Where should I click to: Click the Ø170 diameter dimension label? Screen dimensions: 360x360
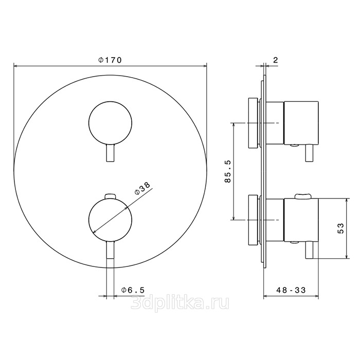tap(110, 60)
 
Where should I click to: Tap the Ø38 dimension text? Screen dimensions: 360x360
tap(142, 189)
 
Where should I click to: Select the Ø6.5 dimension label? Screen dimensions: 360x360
tap(133, 290)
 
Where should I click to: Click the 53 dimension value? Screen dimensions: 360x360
tap(341, 228)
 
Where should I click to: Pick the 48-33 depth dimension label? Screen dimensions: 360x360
tap(291, 290)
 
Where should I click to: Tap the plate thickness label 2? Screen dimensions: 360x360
tap(276, 60)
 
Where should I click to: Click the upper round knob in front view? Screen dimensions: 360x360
tap(110, 123)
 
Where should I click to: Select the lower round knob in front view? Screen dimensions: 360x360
tap(110, 220)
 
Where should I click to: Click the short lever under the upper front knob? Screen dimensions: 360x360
tap(111, 153)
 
